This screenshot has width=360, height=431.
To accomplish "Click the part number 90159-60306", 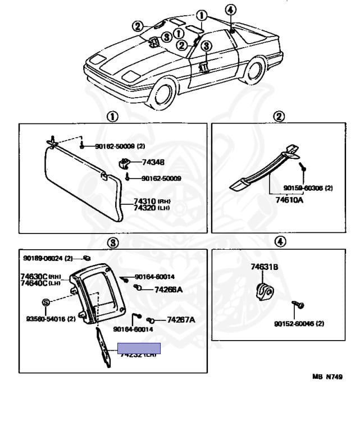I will click(x=308, y=187).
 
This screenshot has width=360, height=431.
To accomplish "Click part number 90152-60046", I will click(x=299, y=324).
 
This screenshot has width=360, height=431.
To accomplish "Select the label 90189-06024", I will click(x=48, y=258).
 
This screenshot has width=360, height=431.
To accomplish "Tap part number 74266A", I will click(x=168, y=290).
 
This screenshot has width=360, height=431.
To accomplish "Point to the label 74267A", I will click(x=181, y=320).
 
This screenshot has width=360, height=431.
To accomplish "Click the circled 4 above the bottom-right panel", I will click(x=280, y=242).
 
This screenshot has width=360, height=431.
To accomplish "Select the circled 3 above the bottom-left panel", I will click(x=112, y=242).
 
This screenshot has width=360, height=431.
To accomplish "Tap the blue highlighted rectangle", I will click(x=138, y=349).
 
